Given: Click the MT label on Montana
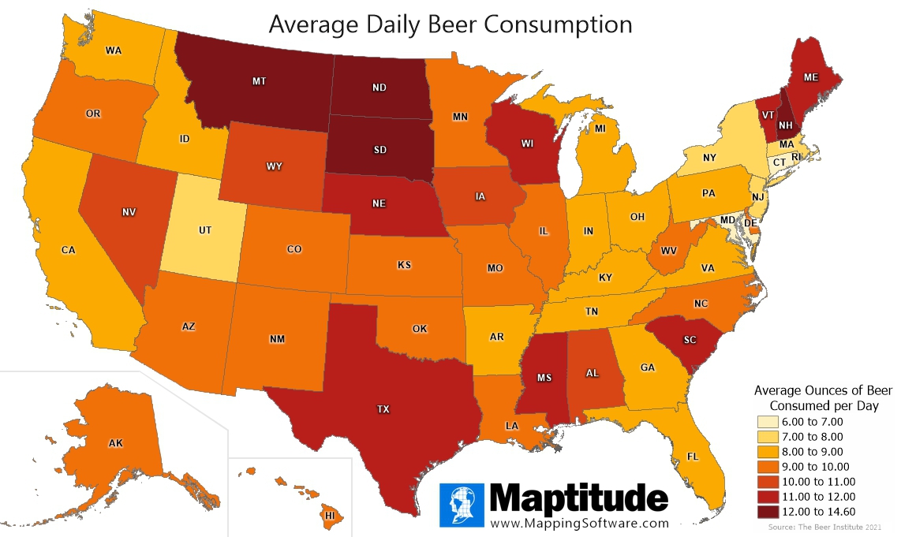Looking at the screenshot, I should [x=259, y=81].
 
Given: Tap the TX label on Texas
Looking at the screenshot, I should [x=383, y=409].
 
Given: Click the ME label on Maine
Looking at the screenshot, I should [x=810, y=77].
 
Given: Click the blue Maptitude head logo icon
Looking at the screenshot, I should [x=461, y=505].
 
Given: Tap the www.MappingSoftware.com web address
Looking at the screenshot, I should [x=579, y=523].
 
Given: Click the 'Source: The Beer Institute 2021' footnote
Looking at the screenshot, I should [x=836, y=526].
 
